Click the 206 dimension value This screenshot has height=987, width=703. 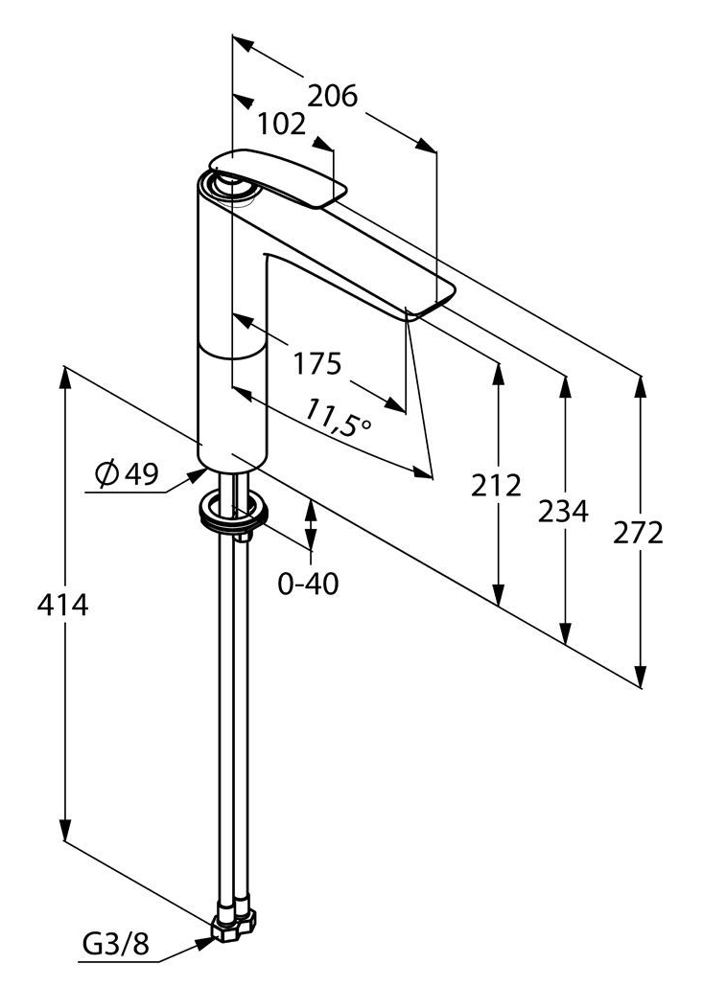(x=332, y=97)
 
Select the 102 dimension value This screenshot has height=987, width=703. (x=281, y=124)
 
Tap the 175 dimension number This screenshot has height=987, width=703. (x=317, y=363)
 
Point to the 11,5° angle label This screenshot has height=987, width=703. (x=339, y=419)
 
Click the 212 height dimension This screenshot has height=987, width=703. (x=497, y=485)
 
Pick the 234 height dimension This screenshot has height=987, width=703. (x=563, y=511)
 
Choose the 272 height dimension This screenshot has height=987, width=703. (x=639, y=533)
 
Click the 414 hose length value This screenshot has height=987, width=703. (x=63, y=605)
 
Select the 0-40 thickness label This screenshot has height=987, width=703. (x=308, y=584)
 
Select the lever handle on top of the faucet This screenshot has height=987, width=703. (x=278, y=178)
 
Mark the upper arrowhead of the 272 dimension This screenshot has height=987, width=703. (x=640, y=388)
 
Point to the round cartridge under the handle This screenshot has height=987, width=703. (x=233, y=186)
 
